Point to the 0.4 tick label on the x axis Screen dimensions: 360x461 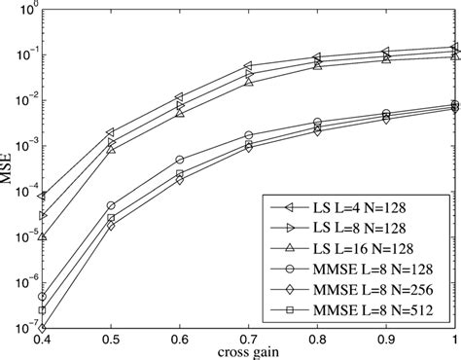[41, 339]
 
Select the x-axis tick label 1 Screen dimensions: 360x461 [454, 339]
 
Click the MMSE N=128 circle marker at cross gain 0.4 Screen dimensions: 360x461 [42, 297]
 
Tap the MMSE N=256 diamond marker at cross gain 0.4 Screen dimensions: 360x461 [42, 328]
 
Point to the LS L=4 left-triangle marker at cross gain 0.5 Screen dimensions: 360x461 [111, 131]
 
